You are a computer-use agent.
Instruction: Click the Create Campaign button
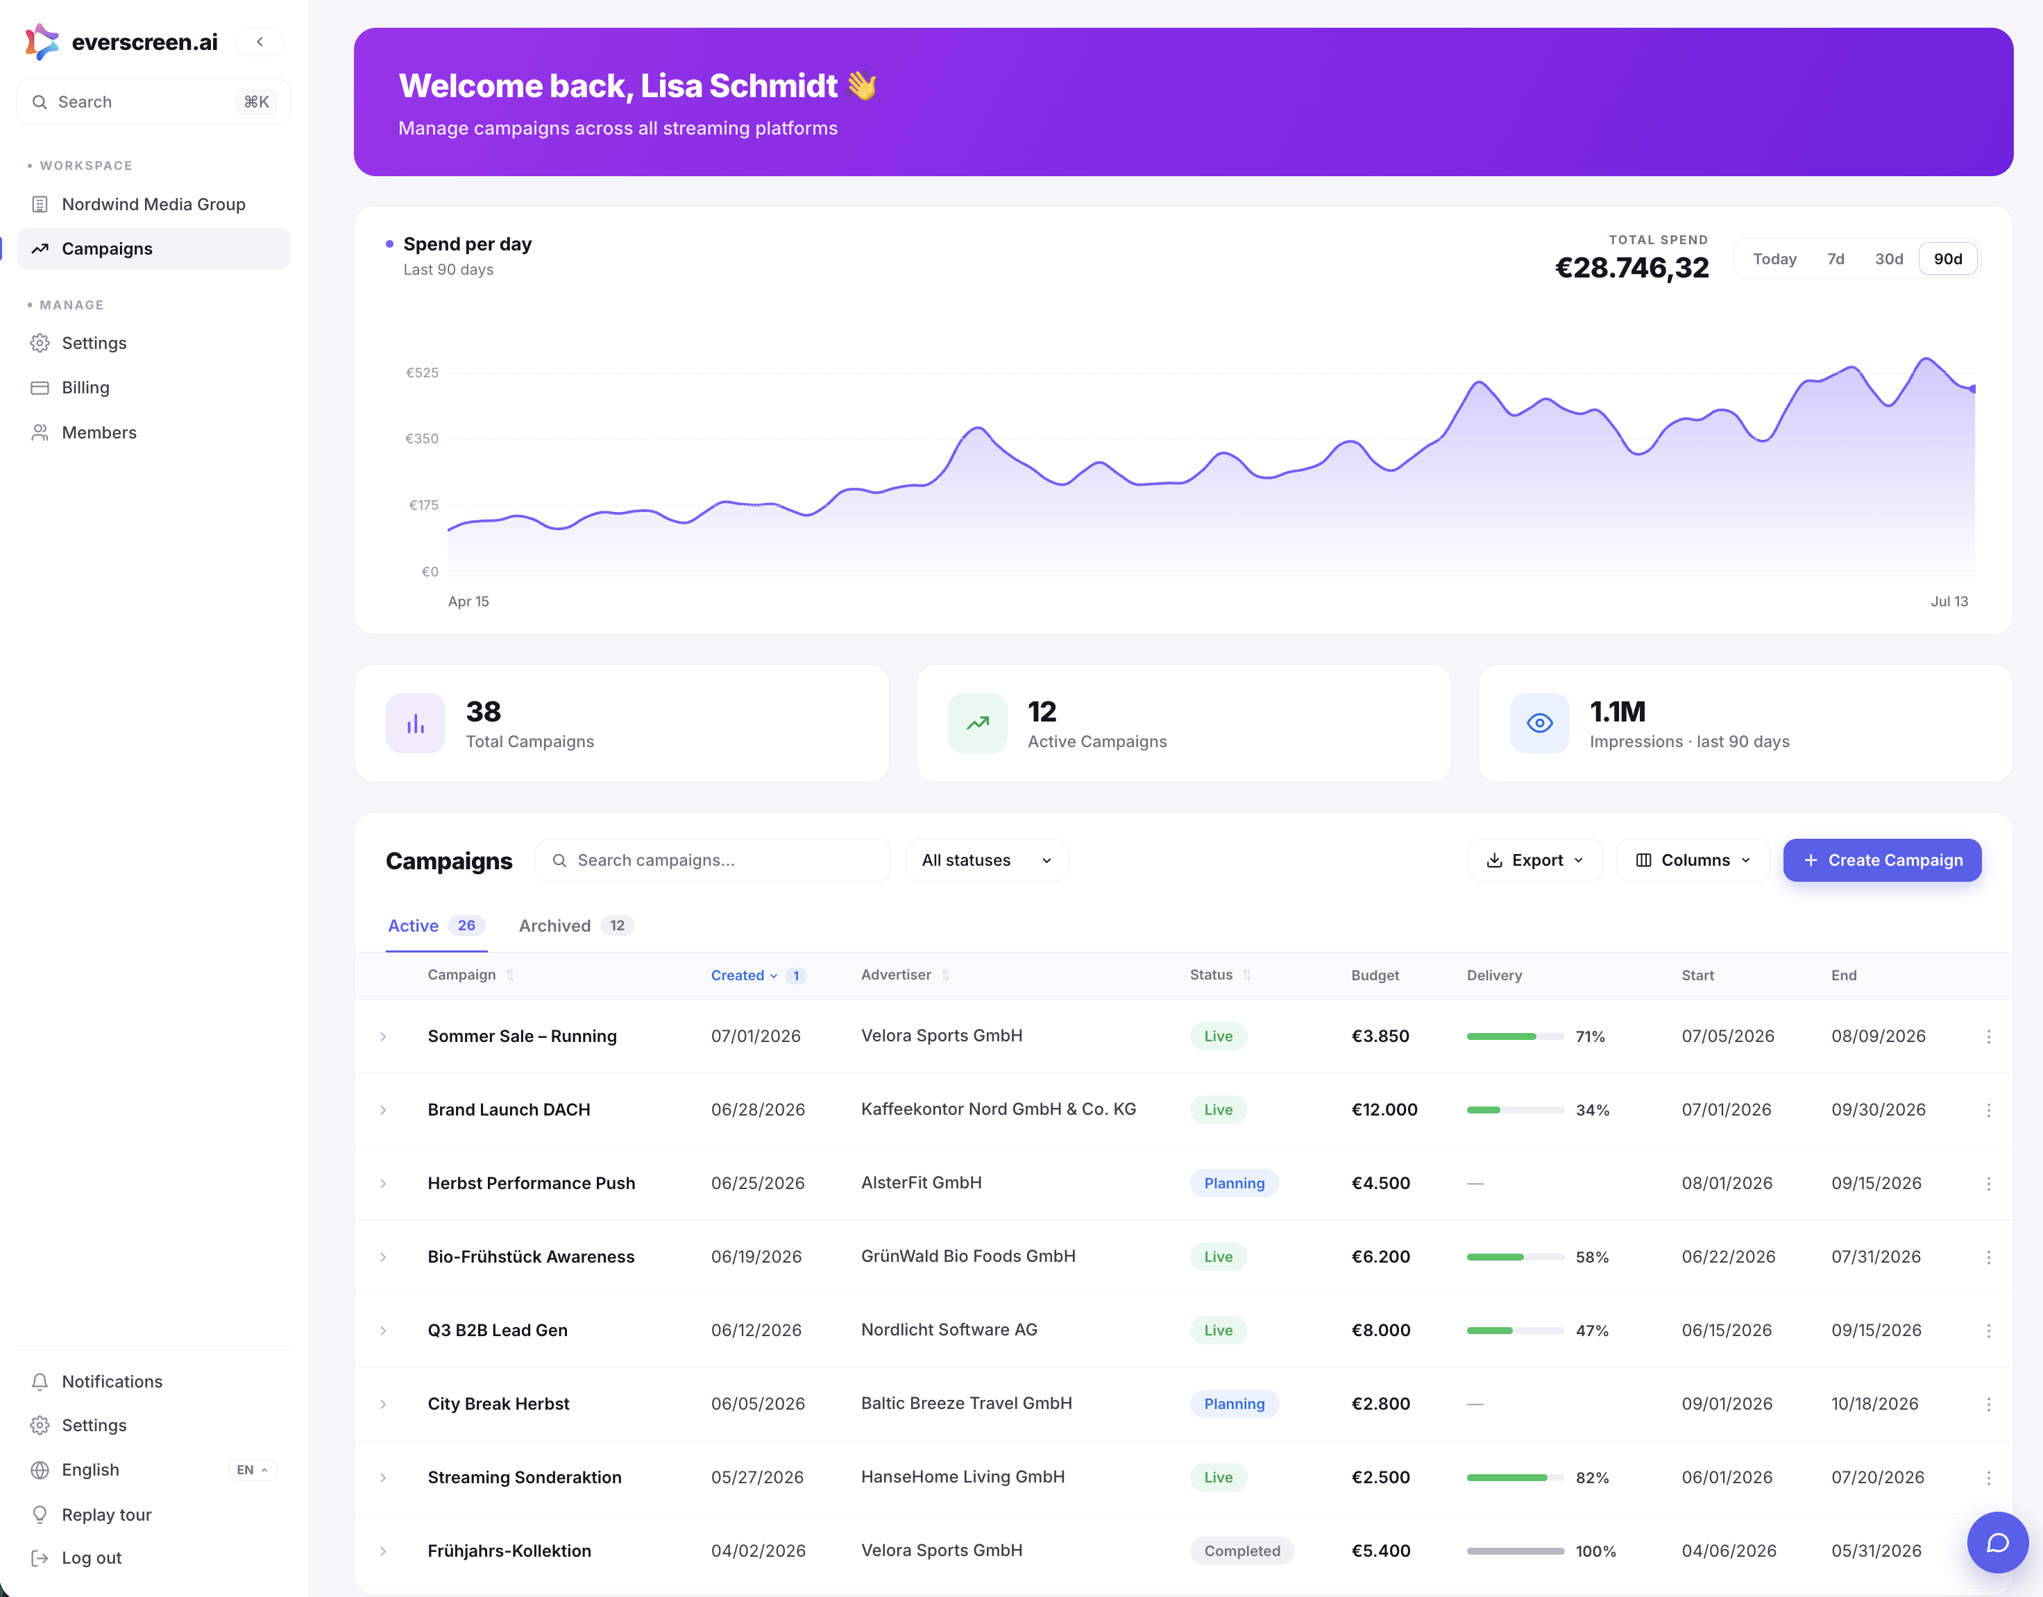tap(1881, 860)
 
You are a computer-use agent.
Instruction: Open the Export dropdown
tap(1534, 860)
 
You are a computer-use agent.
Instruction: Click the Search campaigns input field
tap(712, 860)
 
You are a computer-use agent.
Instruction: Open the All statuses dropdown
tap(986, 860)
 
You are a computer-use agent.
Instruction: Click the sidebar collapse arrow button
tap(260, 42)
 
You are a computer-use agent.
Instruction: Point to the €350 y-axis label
tap(421, 438)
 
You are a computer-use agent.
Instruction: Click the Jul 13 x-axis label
tap(1949, 601)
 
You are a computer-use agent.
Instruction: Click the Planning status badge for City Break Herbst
tap(1234, 1403)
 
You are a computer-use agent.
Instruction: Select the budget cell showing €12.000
tap(1384, 1110)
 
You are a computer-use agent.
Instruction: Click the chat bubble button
tap(1997, 1543)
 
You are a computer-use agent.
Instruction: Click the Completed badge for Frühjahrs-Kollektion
tap(1241, 1551)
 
